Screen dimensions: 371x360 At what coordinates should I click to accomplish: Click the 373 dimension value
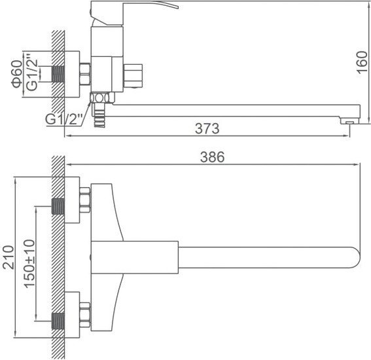[207, 128]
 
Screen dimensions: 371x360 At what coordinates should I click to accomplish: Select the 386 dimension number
[212, 157]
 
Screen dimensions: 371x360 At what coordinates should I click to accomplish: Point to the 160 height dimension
[362, 62]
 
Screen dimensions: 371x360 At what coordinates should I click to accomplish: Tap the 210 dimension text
[9, 257]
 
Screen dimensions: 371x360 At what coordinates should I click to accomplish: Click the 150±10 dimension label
[29, 264]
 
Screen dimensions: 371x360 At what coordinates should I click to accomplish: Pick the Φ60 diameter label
[17, 74]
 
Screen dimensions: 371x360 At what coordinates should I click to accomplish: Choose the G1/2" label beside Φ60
[32, 73]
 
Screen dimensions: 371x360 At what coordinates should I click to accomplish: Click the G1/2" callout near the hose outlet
[64, 119]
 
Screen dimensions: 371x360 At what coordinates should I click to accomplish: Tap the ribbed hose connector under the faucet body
[99, 115]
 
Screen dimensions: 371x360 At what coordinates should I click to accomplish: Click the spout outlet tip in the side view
[349, 121]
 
